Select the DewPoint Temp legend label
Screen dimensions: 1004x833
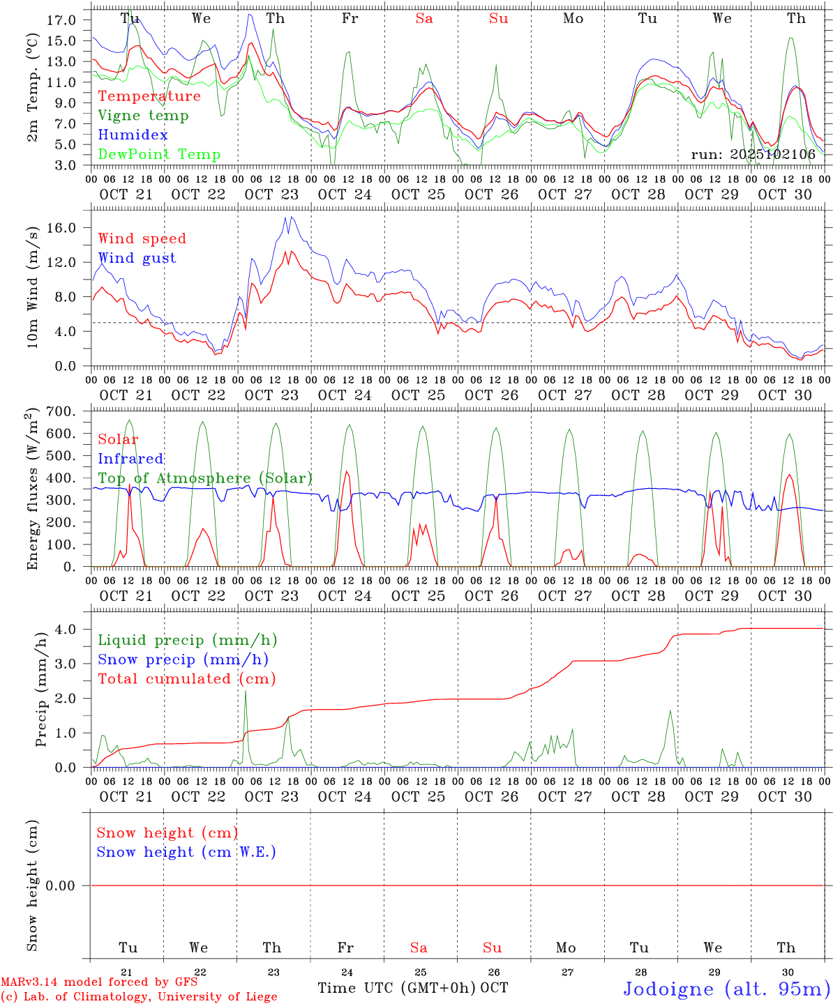tap(159, 155)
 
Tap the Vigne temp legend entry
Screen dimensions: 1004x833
tap(143, 116)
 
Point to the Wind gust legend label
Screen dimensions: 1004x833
tap(137, 258)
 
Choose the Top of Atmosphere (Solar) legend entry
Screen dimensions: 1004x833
tap(205, 478)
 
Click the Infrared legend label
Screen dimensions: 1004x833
tap(130, 459)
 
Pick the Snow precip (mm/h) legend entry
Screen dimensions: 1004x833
tap(183, 660)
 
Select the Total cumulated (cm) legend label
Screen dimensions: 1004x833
tap(186, 679)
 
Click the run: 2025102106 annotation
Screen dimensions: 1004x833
tap(753, 155)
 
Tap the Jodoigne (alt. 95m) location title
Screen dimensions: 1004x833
tap(726, 989)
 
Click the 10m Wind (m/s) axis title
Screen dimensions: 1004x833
tap(33, 287)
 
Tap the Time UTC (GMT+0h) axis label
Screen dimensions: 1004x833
tap(396, 988)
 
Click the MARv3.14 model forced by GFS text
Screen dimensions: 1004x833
tap(99, 982)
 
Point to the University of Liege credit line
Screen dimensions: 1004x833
tap(140, 997)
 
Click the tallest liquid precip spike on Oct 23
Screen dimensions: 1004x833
tap(245, 691)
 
